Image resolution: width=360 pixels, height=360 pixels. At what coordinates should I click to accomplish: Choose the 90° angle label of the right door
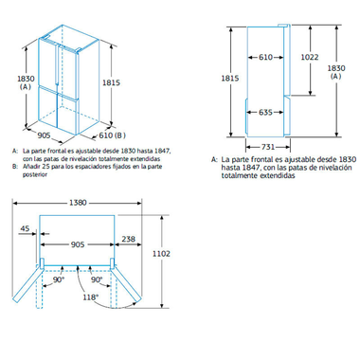[x=96, y=280]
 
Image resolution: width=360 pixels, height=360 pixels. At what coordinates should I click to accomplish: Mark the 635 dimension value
[x=267, y=114]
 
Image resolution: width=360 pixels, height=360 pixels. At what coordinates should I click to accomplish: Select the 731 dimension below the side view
[x=268, y=146]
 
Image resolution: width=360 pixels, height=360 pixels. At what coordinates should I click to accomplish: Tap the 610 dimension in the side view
[x=266, y=57]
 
